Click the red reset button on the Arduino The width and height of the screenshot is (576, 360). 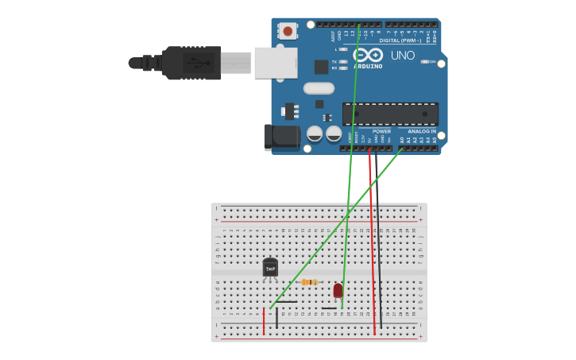pos(287,31)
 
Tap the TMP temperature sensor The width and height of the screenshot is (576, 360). pos(270,269)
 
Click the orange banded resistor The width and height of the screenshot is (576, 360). pos(310,282)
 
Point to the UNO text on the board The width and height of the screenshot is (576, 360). pos(403,56)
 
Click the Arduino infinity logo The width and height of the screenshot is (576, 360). pos(368,55)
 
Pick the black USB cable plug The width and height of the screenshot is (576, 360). pos(191,63)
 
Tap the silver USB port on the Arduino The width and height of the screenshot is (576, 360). pos(275,63)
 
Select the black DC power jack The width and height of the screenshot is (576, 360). pos(281,137)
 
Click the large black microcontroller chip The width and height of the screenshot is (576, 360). pos(389,114)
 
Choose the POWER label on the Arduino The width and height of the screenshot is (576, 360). pos(381,131)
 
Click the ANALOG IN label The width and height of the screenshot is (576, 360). pos(422,131)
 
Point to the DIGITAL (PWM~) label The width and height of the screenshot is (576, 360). pos(400,41)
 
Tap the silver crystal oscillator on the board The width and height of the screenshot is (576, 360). pos(319,88)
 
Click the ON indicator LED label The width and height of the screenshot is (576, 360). pos(433,62)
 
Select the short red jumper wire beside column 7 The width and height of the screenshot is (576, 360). pos(264,320)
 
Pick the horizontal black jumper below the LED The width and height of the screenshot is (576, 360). pos(329,308)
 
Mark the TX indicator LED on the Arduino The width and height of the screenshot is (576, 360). pos(343,61)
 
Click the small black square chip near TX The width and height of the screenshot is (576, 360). pos(321,68)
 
